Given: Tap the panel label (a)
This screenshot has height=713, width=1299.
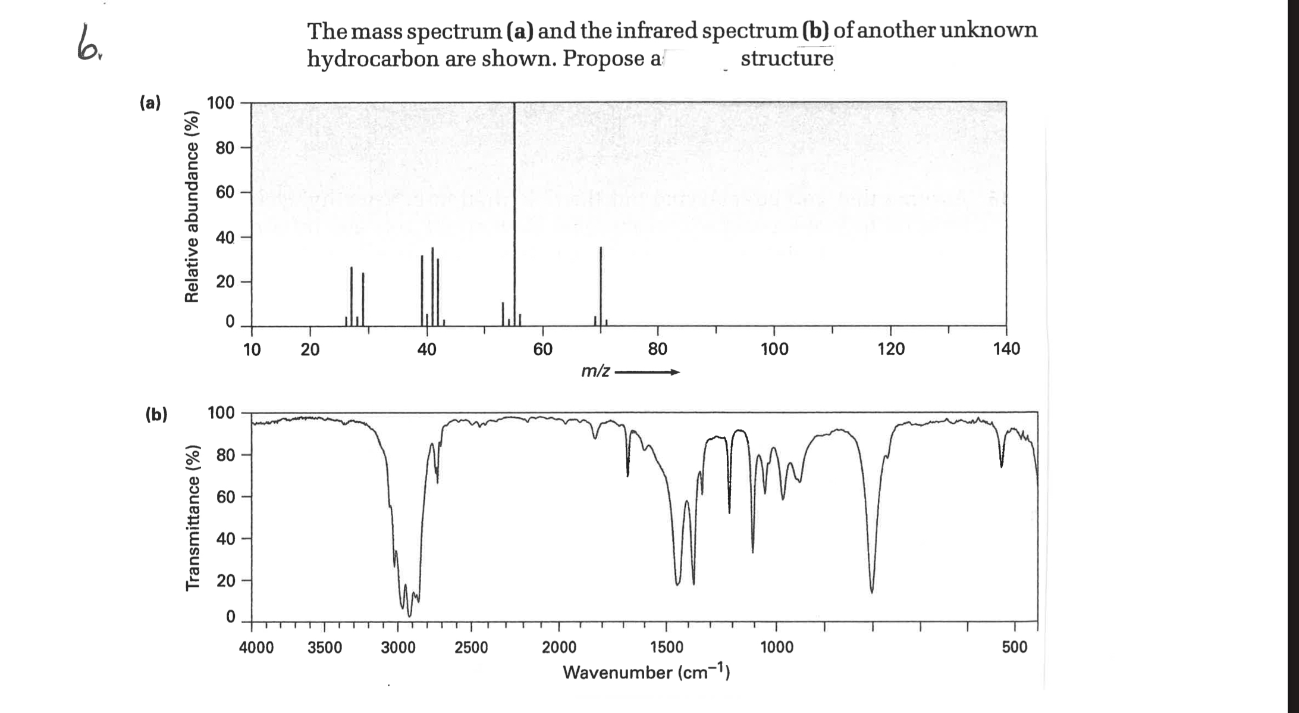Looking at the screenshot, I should tap(150, 103).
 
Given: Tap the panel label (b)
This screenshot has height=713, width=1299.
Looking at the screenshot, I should tap(156, 414).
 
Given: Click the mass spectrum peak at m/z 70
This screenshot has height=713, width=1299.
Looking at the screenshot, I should tap(601, 286).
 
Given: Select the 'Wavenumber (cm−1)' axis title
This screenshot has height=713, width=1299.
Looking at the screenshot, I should tap(646, 673).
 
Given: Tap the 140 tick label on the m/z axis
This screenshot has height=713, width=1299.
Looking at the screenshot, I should tap(1006, 349).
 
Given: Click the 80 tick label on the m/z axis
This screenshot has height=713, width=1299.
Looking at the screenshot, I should tap(657, 349).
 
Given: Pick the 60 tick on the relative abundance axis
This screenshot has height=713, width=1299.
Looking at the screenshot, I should tap(225, 192).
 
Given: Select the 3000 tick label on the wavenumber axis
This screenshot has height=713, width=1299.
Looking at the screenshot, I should tap(398, 648).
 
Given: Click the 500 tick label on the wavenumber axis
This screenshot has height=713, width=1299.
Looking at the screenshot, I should tap(1015, 648).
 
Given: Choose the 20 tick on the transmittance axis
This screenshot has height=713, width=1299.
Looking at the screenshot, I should tap(225, 580).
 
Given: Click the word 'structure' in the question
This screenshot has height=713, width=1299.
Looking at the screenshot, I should tap(787, 59).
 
